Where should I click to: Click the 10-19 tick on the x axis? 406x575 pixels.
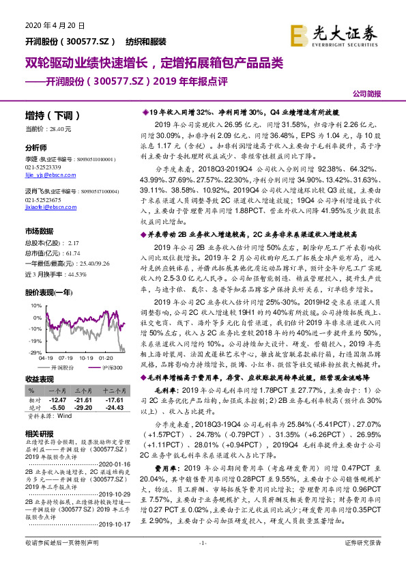coord(85,357)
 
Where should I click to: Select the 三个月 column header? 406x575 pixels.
coord(83,389)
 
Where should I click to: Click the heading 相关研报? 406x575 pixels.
coord(40,434)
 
